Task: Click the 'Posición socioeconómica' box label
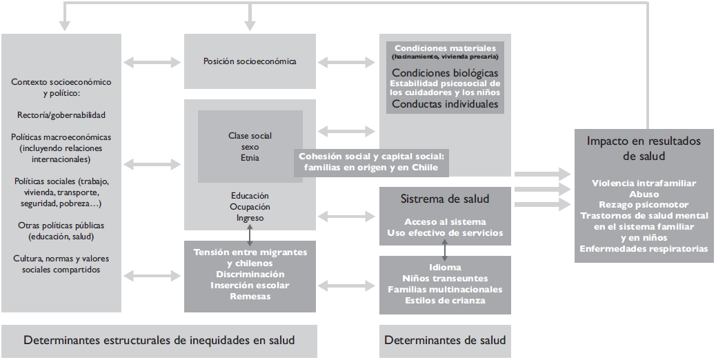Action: coord(250,61)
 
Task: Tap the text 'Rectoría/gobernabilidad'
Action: coord(61,114)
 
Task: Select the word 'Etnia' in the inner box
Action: coord(250,158)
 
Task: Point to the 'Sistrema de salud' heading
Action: coord(445,199)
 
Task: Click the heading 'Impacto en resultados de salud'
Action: coord(643,148)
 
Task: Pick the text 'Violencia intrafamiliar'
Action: coord(644,183)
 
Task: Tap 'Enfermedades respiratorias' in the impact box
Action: coord(644,249)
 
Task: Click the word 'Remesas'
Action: coord(250,297)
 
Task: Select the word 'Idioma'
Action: coord(445,267)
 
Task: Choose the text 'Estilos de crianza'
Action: coord(445,300)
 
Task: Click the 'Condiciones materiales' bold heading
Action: coord(445,48)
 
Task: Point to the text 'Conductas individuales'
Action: coord(445,104)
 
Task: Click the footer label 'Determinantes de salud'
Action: coord(445,340)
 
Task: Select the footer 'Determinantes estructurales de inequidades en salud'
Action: coord(159,340)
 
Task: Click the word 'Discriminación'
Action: coord(250,274)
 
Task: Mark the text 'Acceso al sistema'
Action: coord(445,222)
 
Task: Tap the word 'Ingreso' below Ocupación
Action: coord(250,218)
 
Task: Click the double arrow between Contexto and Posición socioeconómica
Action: coord(152,62)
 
